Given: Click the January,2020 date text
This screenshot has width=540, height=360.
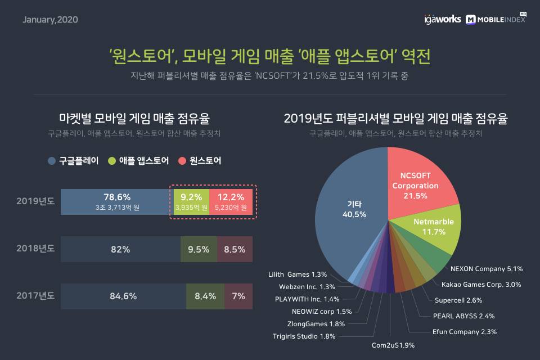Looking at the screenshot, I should point(50,20).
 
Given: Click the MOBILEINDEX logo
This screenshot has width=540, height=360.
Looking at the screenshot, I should point(496,19).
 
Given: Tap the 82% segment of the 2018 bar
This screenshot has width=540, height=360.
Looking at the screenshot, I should point(120,249).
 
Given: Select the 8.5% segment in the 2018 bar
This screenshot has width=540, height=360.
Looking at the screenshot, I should point(235,249).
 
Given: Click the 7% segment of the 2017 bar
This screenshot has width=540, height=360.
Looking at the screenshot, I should point(238,296).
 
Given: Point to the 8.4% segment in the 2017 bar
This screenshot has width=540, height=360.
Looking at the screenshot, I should point(205,296).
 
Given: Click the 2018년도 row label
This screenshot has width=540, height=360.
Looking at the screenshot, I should point(35,249).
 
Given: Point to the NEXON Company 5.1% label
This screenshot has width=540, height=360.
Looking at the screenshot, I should point(487,268).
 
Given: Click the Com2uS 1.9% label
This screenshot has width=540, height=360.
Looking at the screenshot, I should point(393,344).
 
